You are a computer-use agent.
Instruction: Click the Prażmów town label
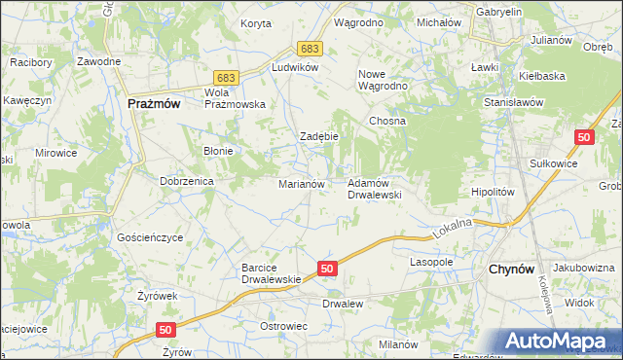pyautogui.click(x=154, y=102)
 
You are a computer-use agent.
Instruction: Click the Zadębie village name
pyautogui.click(x=318, y=136)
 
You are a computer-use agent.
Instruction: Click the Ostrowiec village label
pyautogui.click(x=283, y=325)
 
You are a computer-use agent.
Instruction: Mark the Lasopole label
pyautogui.click(x=432, y=263)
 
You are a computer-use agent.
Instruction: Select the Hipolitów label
pyautogui.click(x=492, y=193)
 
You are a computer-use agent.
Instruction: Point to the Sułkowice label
pyautogui.click(x=553, y=163)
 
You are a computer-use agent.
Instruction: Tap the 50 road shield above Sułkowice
pyautogui.click(x=584, y=139)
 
